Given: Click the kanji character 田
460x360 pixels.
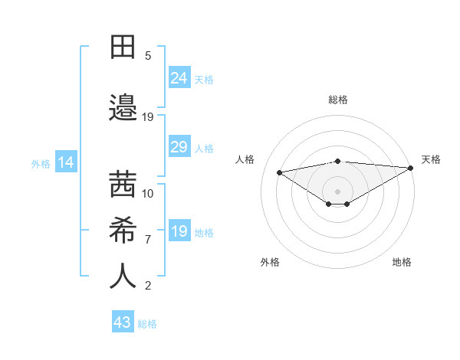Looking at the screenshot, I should pos(123,47).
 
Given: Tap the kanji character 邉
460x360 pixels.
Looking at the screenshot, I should pos(123,106).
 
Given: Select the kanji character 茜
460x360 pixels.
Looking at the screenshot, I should pos(123,184).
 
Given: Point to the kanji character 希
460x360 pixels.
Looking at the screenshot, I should pos(123,229).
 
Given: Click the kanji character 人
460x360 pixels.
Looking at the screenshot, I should pos(123,276).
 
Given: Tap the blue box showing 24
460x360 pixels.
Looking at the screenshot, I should pos(179,77).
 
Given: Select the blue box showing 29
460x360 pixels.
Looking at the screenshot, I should pos(179,147).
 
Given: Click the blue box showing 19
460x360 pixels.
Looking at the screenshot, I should pos(179,231).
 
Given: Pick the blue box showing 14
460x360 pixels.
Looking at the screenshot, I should pos(65,162).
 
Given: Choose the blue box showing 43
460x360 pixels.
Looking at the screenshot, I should pos(123,322).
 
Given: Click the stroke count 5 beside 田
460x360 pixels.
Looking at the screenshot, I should pos(148,55).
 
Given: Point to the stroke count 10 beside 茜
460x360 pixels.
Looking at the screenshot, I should pos(148,193).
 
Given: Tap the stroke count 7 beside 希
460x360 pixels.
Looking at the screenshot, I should pos(148,239).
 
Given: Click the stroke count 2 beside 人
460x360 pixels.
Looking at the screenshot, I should pos(148,286).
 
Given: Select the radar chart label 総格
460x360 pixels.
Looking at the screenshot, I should pos(337,100).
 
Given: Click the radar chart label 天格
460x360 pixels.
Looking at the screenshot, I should pos(431,159).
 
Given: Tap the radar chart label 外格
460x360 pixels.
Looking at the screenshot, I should pos(270,262).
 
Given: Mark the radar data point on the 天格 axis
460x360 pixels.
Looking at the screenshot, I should pos(411,167).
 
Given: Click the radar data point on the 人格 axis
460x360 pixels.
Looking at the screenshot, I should pos(280,172).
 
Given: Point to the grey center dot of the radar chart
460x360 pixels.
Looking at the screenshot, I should pos(337,190).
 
